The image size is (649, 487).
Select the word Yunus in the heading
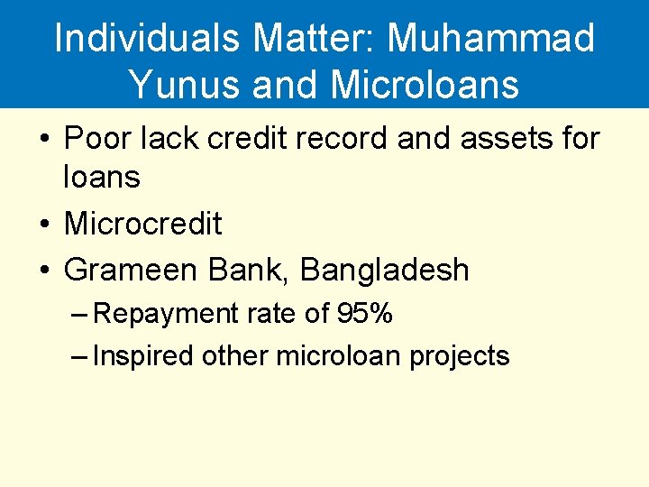pyautogui.click(x=185, y=85)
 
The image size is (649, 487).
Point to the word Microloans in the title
pyautogui.click(x=425, y=85)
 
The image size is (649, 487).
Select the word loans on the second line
pyautogui.click(x=101, y=178)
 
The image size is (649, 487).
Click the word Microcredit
pyautogui.click(x=142, y=224)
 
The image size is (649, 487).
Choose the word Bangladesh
pyautogui.click(x=384, y=270)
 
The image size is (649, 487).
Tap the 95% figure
pyautogui.click(x=364, y=313)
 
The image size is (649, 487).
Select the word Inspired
pyautogui.click(x=143, y=356)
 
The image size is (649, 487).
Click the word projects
pyautogui.click(x=460, y=357)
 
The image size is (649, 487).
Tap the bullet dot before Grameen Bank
pyautogui.click(x=43, y=271)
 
